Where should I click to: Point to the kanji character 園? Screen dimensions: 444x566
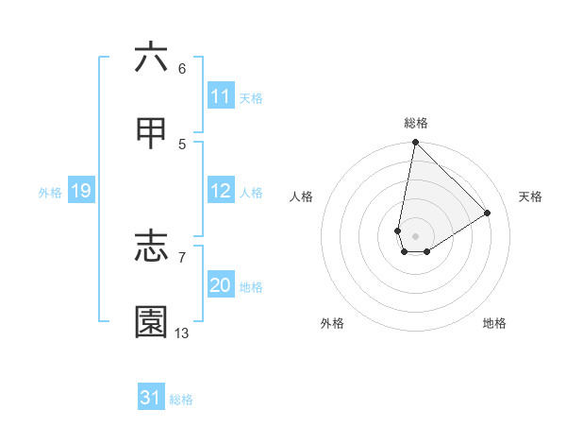[x=151, y=322]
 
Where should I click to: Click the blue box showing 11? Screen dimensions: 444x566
[x=221, y=96]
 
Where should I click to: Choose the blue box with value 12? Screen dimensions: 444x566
[x=221, y=191]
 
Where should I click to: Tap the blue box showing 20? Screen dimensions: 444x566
[x=221, y=285]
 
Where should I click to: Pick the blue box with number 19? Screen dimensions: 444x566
[x=80, y=191]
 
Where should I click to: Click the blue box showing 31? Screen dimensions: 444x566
[x=151, y=398]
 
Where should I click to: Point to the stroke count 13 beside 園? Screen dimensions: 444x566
[x=182, y=333]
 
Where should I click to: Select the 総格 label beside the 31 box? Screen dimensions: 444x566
[x=181, y=400]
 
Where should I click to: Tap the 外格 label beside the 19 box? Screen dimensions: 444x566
[x=50, y=193]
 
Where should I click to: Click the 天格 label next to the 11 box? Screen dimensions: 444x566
[x=251, y=98]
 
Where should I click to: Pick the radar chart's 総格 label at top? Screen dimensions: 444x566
[x=416, y=123]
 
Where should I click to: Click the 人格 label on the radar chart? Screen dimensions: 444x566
[x=302, y=196]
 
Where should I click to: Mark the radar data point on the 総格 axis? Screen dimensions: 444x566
[x=415, y=143]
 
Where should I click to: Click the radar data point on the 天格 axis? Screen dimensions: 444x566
[x=488, y=213]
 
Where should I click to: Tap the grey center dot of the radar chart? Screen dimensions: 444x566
[x=415, y=236]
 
